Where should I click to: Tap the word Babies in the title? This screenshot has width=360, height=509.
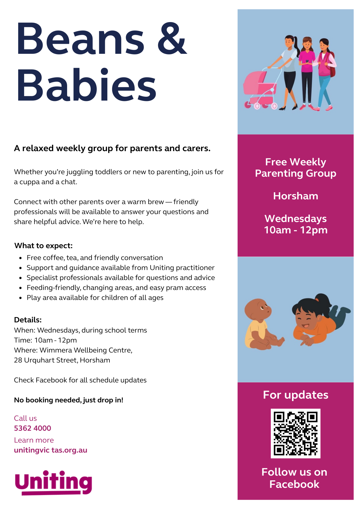coord(86,85)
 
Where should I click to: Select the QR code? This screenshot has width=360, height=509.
coord(295,433)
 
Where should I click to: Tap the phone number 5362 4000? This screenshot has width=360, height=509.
coord(33,428)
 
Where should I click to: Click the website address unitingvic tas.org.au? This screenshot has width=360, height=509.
coord(50,450)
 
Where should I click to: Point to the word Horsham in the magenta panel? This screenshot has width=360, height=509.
coord(295,196)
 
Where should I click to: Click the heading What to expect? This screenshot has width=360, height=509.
coord(44,246)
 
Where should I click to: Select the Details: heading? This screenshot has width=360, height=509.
coord(28,320)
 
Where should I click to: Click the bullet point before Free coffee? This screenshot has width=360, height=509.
coord(21,258)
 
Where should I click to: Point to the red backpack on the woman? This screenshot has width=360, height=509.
coord(332,65)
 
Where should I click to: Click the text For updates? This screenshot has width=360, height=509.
coord(295,395)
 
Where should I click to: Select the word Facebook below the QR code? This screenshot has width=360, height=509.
coord(294,484)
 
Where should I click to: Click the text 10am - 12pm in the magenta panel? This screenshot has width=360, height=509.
coord(295,230)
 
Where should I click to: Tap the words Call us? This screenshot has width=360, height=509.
coord(25,418)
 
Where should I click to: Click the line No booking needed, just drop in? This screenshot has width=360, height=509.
coord(69,400)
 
